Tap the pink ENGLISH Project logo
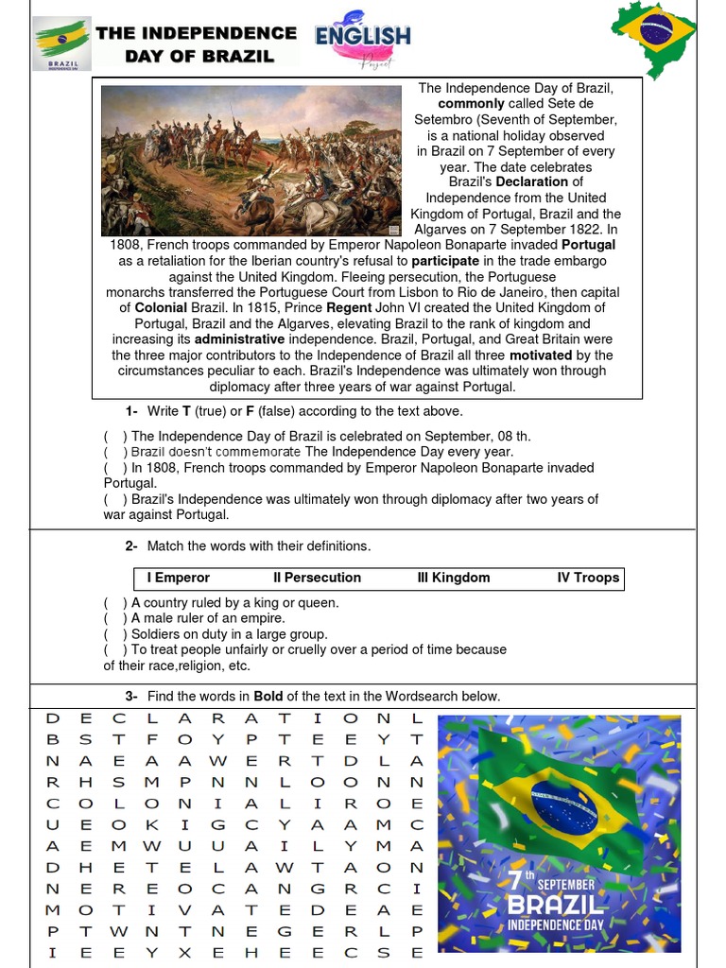[363, 43]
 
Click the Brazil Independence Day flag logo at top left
[62, 43]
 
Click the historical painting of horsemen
[251, 160]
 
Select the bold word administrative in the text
[240, 338]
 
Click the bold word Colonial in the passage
[161, 307]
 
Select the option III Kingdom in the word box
[454, 578]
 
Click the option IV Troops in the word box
[588, 578]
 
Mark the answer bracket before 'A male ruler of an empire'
[115, 618]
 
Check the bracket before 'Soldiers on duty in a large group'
[115, 634]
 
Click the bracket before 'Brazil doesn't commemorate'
[115, 452]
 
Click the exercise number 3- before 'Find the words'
[131, 697]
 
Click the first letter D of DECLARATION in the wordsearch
[53, 718]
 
